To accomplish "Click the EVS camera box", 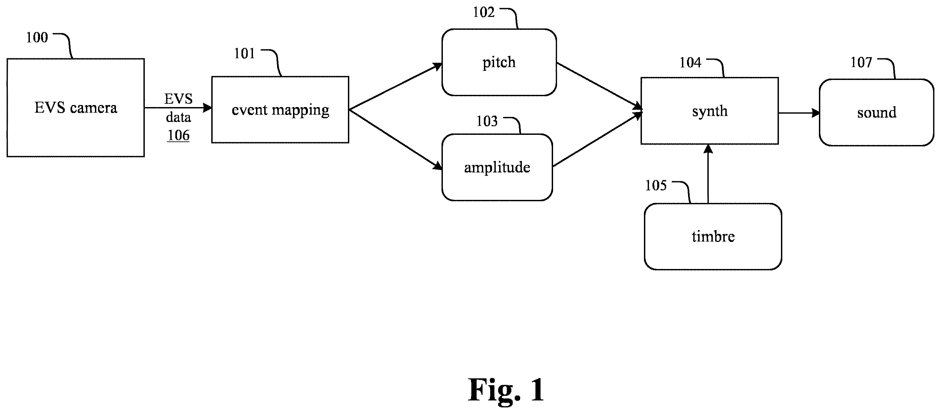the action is pos(76,108).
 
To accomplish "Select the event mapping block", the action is pos(280,109).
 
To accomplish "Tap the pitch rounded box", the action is pos(499,62).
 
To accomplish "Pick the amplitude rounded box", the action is pos(497,167).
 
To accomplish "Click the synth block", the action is pos(709,111).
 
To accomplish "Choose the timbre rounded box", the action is pos(713,236).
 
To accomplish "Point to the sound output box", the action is pos(876,112).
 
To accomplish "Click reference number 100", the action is pos(37,38).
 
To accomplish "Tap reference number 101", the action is pos(244,54).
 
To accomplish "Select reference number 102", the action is pos(484,13).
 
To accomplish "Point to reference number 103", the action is pos(487,121).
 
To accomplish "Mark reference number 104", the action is pos(690,63).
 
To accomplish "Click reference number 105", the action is pos(656,185).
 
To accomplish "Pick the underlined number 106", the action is pos(178,136).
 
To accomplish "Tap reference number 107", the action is pos(861,62).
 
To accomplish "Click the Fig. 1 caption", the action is pos(506,390).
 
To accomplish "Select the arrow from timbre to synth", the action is pos(708,174).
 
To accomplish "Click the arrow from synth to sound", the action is pos(799,113).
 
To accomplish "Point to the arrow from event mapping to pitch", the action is pos(396,86).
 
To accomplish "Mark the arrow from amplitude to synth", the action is pos(597,140).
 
